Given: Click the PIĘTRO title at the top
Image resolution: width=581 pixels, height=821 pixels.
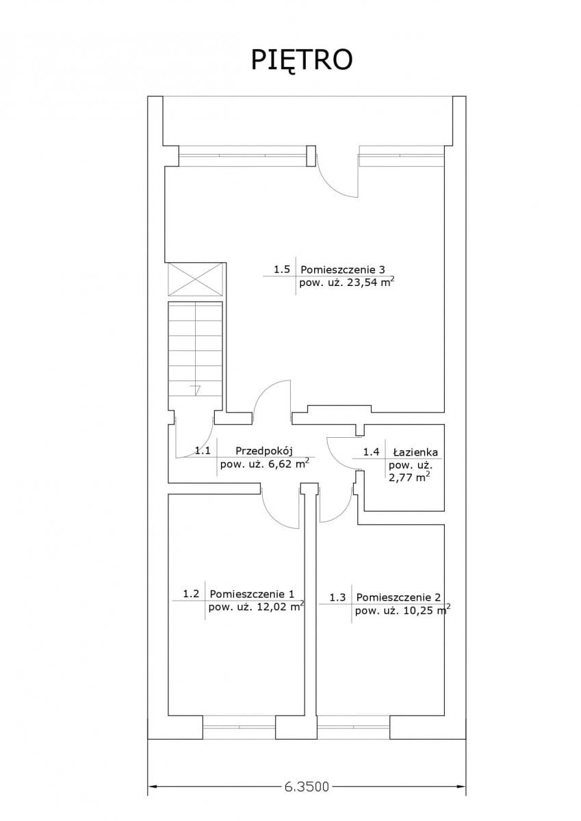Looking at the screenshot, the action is tap(301, 61).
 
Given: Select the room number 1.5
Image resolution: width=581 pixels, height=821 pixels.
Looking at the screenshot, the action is tap(282, 270).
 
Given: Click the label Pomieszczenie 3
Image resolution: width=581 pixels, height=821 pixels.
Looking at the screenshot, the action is tap(343, 270).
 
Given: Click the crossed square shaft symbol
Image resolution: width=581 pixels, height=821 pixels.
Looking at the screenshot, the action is tap(195, 280).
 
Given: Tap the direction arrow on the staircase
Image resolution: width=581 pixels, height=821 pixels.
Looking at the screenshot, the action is tap(197, 391).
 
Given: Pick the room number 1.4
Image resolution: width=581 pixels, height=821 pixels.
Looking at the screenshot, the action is tap(371, 452).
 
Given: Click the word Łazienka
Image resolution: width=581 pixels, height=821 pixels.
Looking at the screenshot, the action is tap(415, 452).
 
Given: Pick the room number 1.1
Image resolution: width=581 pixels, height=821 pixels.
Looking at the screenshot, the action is tap(203, 450).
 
